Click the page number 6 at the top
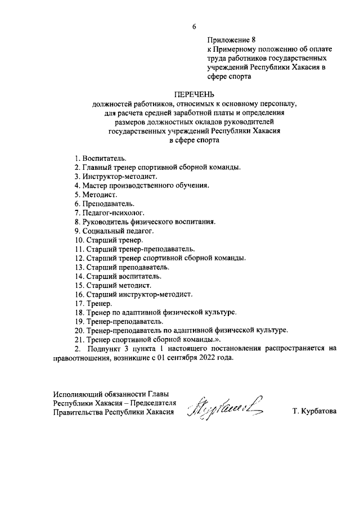tap(195, 26)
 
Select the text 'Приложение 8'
tap(232, 40)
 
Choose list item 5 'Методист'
tap(95, 194)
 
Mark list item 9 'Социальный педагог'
tap(113, 231)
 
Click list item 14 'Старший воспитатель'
tap(118, 276)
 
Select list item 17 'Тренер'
tap(93, 304)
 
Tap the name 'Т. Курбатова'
tap(314, 412)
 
